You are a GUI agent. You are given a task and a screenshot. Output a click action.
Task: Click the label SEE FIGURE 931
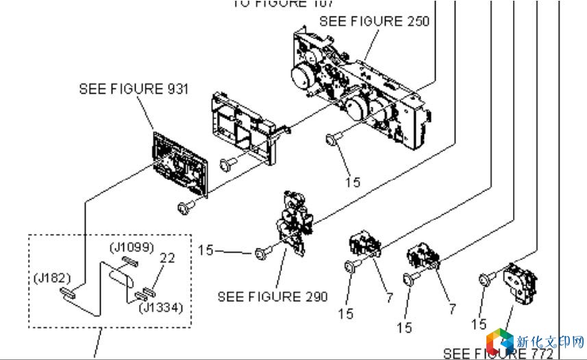(x=133, y=89)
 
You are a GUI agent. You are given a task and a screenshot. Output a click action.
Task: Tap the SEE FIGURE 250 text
(x=374, y=21)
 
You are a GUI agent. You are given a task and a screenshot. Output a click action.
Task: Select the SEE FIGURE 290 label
(x=272, y=296)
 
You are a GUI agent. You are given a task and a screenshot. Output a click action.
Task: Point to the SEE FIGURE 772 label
(x=497, y=353)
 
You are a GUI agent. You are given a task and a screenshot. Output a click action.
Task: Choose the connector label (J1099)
(x=132, y=246)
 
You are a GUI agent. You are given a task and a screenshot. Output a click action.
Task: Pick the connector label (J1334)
(x=160, y=307)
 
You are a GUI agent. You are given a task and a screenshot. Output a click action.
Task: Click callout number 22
(x=168, y=258)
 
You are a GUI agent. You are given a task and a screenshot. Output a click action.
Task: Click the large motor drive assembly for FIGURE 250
(x=360, y=89)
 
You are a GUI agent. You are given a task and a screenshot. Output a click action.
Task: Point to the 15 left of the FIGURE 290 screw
(x=206, y=250)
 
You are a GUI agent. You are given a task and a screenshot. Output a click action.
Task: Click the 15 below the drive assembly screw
(x=352, y=182)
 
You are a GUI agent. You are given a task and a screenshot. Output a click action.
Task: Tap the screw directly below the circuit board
(x=185, y=205)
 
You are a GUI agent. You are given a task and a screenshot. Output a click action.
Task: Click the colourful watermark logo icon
(x=499, y=341)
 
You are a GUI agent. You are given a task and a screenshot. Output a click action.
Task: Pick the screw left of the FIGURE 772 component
(x=485, y=278)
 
